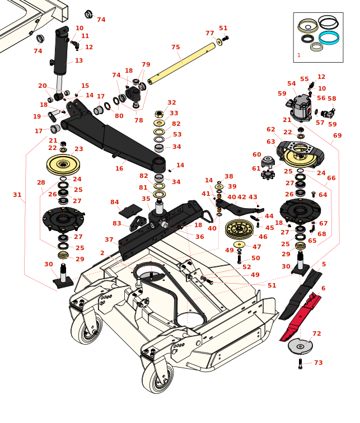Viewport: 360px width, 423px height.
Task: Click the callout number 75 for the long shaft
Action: (176, 48)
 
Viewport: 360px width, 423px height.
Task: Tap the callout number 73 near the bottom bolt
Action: (318, 363)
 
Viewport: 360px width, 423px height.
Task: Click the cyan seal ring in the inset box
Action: (329, 37)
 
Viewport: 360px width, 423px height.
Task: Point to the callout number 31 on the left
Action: (17, 195)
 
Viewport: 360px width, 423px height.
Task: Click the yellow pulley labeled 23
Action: (63, 164)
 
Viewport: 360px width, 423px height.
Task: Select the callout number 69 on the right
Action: (337, 135)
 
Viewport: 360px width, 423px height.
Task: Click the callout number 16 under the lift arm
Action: (119, 168)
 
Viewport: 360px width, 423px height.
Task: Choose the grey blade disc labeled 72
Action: (301, 346)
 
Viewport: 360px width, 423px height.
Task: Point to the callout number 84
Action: (115, 202)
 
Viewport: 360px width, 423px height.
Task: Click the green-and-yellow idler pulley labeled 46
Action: (239, 228)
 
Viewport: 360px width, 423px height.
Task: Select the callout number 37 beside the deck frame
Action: (109, 239)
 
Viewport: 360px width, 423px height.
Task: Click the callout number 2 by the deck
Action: (102, 253)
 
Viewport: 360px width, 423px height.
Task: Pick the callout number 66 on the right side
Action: (331, 178)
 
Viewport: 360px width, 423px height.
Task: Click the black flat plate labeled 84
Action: (131, 210)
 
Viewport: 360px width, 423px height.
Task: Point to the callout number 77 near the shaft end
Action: (209, 33)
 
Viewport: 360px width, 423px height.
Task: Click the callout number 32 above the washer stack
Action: (172, 102)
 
